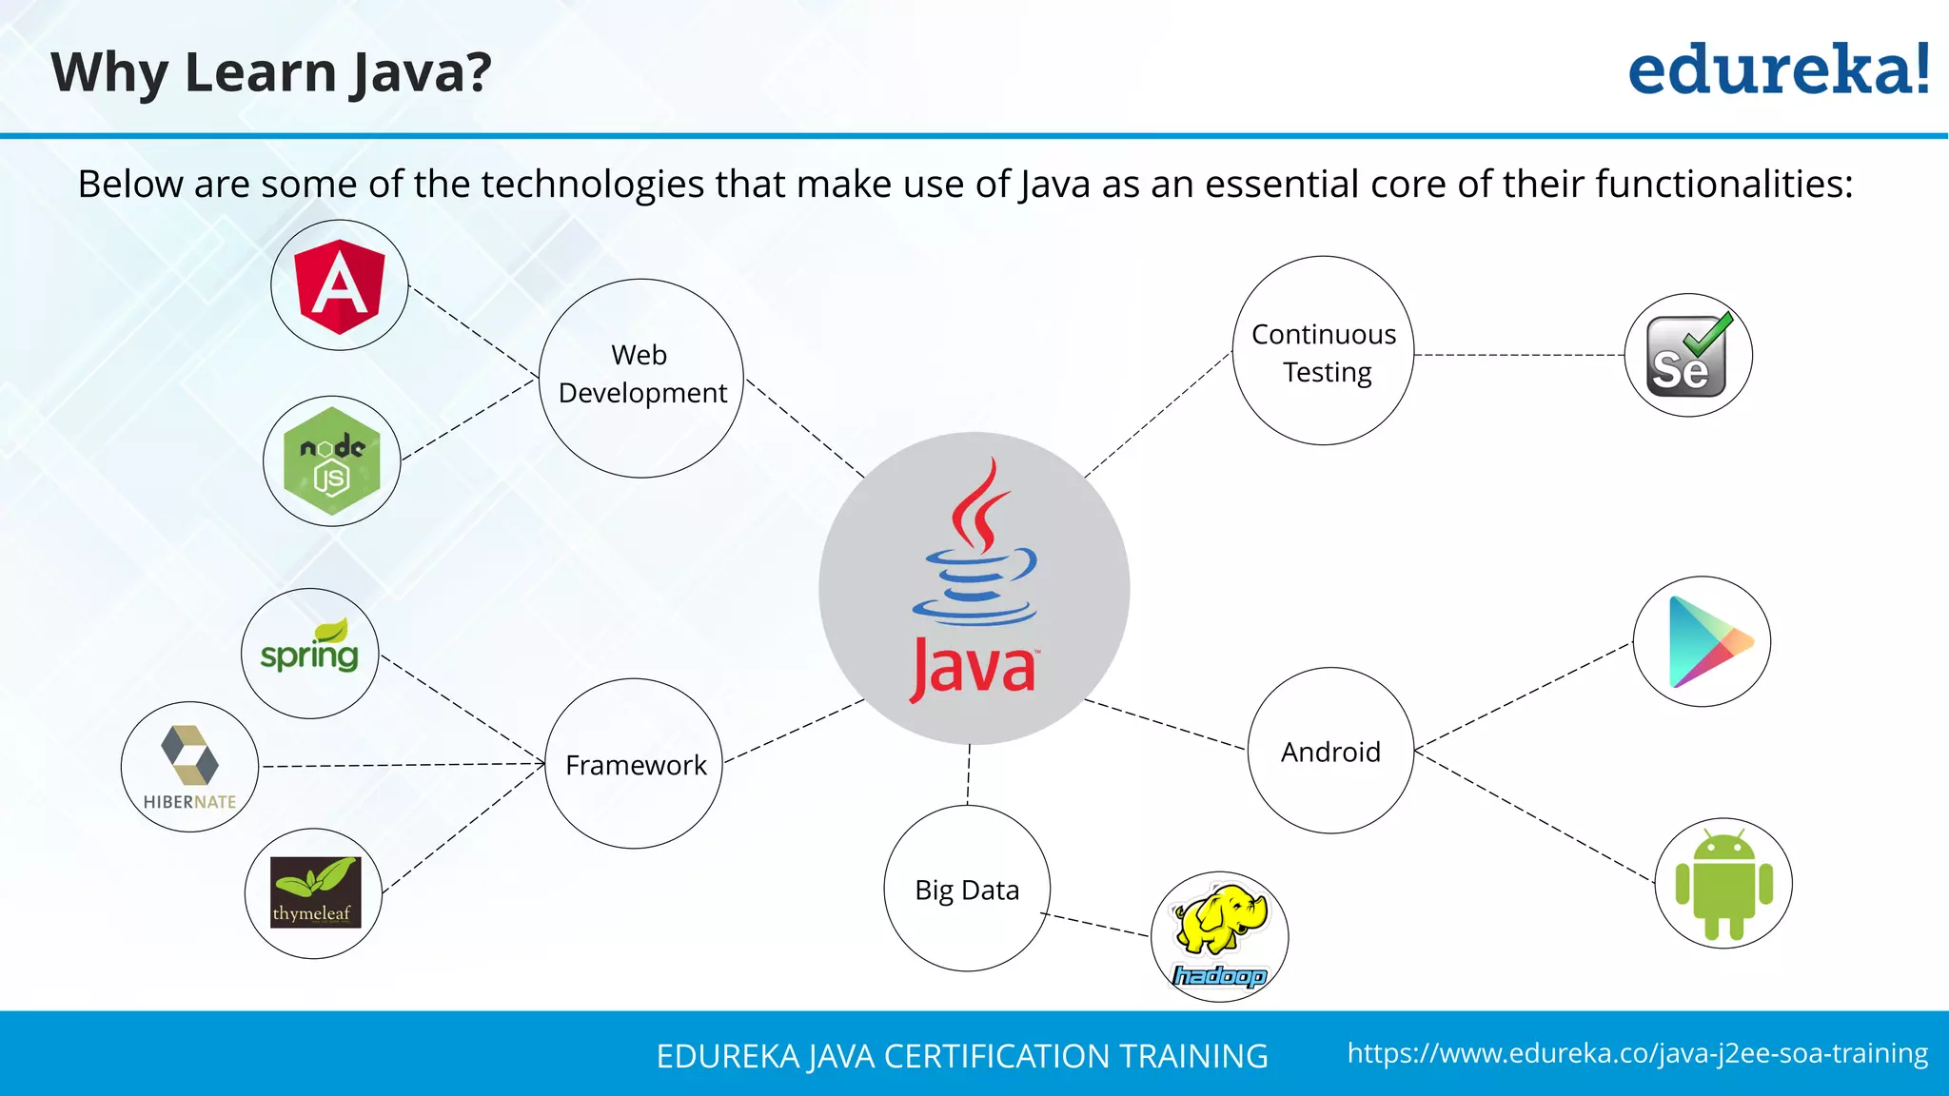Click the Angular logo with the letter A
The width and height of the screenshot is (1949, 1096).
[340, 285]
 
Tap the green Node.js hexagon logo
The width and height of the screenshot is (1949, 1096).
[331, 461]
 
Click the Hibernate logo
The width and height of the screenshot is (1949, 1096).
[189, 767]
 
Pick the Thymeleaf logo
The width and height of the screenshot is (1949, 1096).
[314, 892]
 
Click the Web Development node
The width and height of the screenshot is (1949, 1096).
[641, 378]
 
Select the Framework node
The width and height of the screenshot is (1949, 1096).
[635, 764]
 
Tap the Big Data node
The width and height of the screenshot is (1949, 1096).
[967, 889]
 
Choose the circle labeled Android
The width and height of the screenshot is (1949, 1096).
[1330, 751]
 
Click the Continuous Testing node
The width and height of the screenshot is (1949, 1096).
[1323, 351]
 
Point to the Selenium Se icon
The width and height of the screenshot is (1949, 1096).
[1687, 356]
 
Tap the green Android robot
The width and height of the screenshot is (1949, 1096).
[1723, 884]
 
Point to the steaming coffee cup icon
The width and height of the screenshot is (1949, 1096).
[974, 552]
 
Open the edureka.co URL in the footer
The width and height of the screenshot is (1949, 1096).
[1637, 1053]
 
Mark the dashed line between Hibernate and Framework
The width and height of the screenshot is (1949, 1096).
[400, 765]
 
